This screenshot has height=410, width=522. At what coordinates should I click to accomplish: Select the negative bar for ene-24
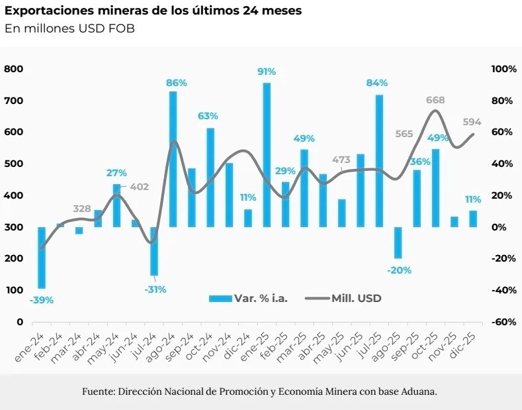click(42, 258)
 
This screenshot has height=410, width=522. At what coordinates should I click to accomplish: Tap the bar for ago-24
click(173, 159)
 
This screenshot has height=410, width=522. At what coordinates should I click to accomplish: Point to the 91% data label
click(267, 72)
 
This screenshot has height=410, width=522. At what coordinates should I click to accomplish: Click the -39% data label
click(42, 300)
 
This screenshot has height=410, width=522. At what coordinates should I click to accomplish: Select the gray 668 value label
click(435, 100)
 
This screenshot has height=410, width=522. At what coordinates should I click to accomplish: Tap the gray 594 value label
click(472, 122)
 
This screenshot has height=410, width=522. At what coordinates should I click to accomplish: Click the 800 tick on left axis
click(15, 69)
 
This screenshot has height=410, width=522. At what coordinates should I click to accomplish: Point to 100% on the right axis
click(503, 69)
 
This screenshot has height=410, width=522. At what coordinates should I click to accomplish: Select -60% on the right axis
click(503, 322)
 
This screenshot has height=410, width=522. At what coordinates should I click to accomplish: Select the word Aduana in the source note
click(419, 391)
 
